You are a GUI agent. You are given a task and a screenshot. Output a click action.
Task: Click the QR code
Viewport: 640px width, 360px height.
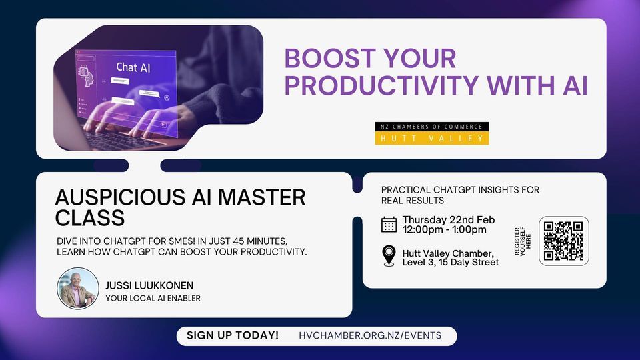pyautogui.click(x=563, y=241)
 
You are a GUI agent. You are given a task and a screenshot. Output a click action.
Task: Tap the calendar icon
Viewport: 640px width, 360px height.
pyautogui.click(x=389, y=225)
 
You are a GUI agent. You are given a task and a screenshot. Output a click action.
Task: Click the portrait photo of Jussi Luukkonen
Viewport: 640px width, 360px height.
pyautogui.click(x=77, y=289)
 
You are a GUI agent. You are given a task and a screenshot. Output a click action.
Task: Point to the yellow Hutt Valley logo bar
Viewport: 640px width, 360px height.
pyautogui.click(x=432, y=138)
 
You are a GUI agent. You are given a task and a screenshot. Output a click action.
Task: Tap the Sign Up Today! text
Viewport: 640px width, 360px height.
pyautogui.click(x=233, y=335)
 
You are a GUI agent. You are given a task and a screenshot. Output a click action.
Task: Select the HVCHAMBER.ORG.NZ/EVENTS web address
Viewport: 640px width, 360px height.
pyautogui.click(x=370, y=335)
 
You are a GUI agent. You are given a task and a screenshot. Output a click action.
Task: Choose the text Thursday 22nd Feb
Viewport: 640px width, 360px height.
pyautogui.click(x=448, y=220)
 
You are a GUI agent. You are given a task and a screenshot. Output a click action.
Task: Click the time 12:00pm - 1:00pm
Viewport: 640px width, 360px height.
pyautogui.click(x=444, y=230)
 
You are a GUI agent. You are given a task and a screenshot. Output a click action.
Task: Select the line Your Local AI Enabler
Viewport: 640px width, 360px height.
pyautogui.click(x=153, y=298)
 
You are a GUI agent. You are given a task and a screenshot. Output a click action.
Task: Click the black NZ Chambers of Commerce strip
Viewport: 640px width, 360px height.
pyautogui.click(x=432, y=127)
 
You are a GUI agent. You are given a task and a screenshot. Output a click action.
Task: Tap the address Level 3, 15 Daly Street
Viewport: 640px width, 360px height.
pyautogui.click(x=450, y=262)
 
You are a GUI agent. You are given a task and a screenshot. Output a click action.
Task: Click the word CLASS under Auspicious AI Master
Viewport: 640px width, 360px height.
pyautogui.click(x=90, y=218)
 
